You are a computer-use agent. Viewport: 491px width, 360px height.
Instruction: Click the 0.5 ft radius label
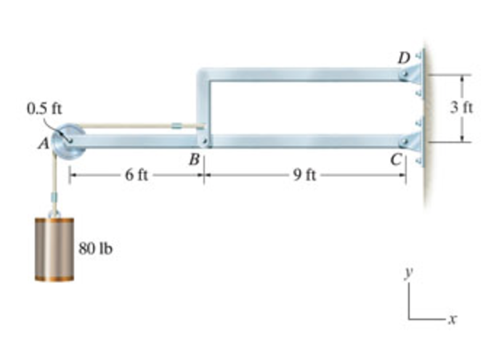[x=44, y=109]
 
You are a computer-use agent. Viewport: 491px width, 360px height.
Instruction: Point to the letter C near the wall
[x=397, y=161]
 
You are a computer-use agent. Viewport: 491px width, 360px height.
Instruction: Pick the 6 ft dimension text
[x=136, y=175]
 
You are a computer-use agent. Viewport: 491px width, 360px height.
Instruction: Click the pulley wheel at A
[x=69, y=140]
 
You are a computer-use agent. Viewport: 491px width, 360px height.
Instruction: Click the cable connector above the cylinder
[x=54, y=197]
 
